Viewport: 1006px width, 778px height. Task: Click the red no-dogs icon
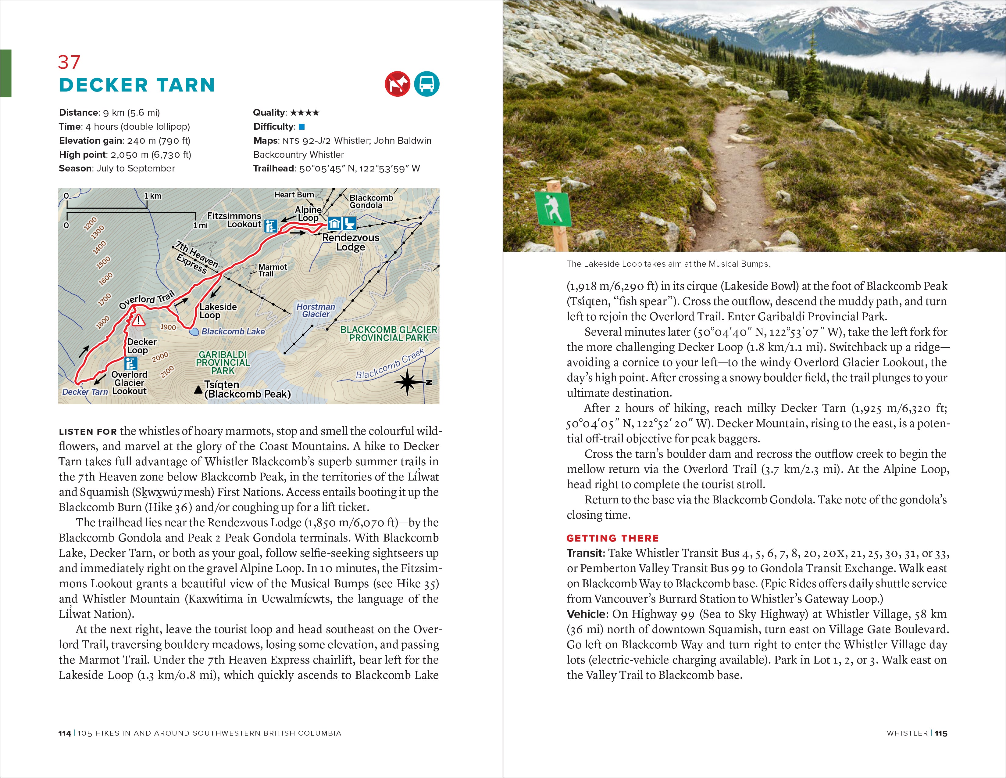tap(397, 84)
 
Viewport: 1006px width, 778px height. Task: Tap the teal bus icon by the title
tap(426, 84)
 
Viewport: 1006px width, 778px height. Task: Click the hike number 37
tap(69, 62)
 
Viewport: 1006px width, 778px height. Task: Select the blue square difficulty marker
tap(302, 127)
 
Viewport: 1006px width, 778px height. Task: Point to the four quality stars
tap(305, 113)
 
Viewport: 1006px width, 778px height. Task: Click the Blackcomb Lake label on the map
tap(233, 331)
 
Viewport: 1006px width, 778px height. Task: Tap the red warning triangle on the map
tap(138, 319)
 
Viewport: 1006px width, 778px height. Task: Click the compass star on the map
tap(407, 382)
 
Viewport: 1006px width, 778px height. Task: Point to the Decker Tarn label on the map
tap(85, 392)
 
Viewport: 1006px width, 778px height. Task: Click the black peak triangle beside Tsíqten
tap(198, 390)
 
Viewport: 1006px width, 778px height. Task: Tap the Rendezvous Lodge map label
tap(351, 242)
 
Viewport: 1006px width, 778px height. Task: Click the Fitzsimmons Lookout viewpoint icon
tap(271, 226)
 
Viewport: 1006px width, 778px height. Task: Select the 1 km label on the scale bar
tap(153, 196)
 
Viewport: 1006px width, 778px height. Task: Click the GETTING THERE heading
tap(613, 538)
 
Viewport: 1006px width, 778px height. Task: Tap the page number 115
tap(941, 733)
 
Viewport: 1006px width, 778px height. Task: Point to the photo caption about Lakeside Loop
tap(668, 264)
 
